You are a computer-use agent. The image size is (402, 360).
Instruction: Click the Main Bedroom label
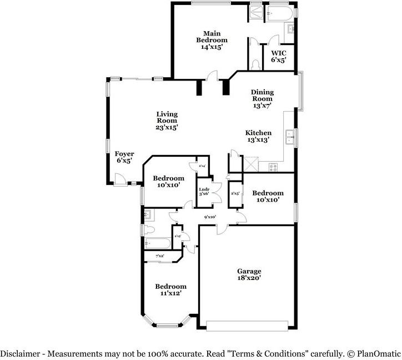click(x=212, y=40)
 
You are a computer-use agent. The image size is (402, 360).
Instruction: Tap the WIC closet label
click(x=278, y=57)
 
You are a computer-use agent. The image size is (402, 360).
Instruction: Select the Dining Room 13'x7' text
click(x=262, y=98)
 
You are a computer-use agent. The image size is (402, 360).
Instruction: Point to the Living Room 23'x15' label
click(x=167, y=121)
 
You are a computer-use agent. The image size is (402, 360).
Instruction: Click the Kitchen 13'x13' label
click(x=258, y=137)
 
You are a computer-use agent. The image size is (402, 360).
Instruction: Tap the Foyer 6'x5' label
click(x=123, y=157)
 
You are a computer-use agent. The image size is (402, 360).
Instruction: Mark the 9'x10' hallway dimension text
click(x=210, y=217)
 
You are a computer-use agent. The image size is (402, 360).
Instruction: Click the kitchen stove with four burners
click(x=273, y=166)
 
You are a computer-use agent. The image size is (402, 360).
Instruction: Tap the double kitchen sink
click(x=289, y=135)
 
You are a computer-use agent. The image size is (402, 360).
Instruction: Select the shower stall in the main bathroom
click(x=256, y=13)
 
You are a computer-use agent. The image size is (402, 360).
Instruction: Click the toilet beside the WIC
click(x=255, y=64)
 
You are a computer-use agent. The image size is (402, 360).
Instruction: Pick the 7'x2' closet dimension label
click(x=159, y=256)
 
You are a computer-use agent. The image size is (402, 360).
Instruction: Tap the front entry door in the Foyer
click(x=119, y=178)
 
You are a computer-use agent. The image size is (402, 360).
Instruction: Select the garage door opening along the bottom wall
click(x=248, y=326)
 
